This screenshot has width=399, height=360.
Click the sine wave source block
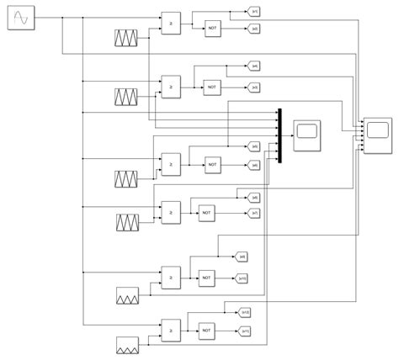tap(21, 18)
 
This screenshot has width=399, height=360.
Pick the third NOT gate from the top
tap(215, 165)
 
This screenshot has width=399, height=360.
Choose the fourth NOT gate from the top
tap(206, 213)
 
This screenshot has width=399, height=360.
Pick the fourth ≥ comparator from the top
tap(171, 209)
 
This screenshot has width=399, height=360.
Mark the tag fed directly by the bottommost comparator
tap(246, 312)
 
